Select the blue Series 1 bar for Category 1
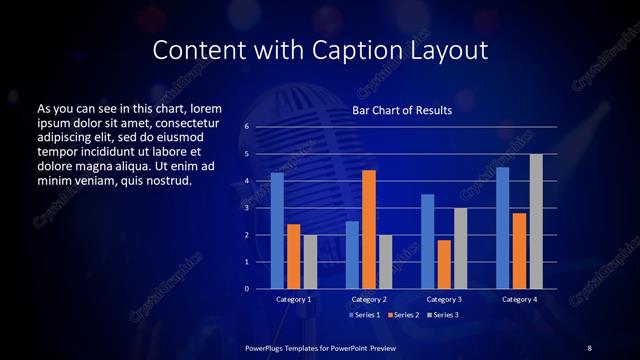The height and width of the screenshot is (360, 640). pyautogui.click(x=277, y=231)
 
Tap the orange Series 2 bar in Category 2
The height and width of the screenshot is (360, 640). pyautogui.click(x=369, y=229)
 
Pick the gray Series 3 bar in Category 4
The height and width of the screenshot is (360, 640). pyautogui.click(x=536, y=221)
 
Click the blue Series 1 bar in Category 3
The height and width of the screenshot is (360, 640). pyautogui.click(x=428, y=241)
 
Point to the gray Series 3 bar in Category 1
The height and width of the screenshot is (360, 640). pyautogui.click(x=310, y=262)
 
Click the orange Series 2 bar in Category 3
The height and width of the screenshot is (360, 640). pyautogui.click(x=444, y=264)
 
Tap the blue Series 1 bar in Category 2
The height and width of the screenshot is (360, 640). pyautogui.click(x=352, y=255)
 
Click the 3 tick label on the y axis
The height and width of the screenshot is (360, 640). pyautogui.click(x=247, y=208)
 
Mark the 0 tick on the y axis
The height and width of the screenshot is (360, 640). pyautogui.click(x=247, y=289)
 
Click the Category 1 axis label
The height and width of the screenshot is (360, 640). pyautogui.click(x=293, y=299)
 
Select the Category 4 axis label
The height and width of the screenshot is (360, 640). pyautogui.click(x=519, y=299)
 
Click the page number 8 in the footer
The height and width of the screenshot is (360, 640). pyautogui.click(x=589, y=347)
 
